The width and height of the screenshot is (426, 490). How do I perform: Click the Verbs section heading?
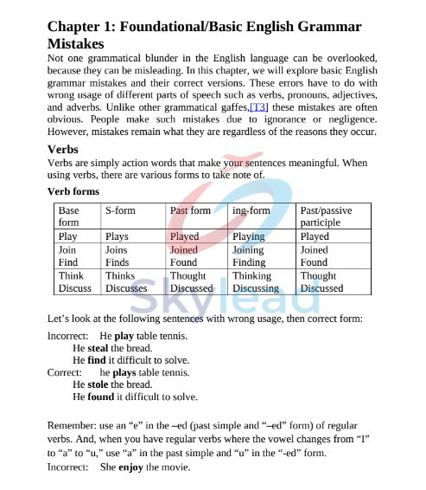[x=62, y=149]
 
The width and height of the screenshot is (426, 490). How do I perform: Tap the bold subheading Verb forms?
[x=73, y=191]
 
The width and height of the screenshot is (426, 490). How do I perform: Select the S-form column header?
[x=120, y=210]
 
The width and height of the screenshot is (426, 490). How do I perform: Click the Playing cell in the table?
[x=248, y=236]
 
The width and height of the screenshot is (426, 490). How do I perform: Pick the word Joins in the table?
[x=116, y=249]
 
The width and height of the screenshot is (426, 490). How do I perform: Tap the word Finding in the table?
[x=249, y=262]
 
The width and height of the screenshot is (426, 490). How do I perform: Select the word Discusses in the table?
[x=126, y=288]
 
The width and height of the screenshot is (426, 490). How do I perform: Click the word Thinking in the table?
[x=251, y=275]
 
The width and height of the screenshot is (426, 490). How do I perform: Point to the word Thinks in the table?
[x=120, y=275]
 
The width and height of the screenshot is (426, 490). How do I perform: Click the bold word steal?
[x=98, y=347]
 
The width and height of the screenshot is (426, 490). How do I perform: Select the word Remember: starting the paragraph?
[x=73, y=425]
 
